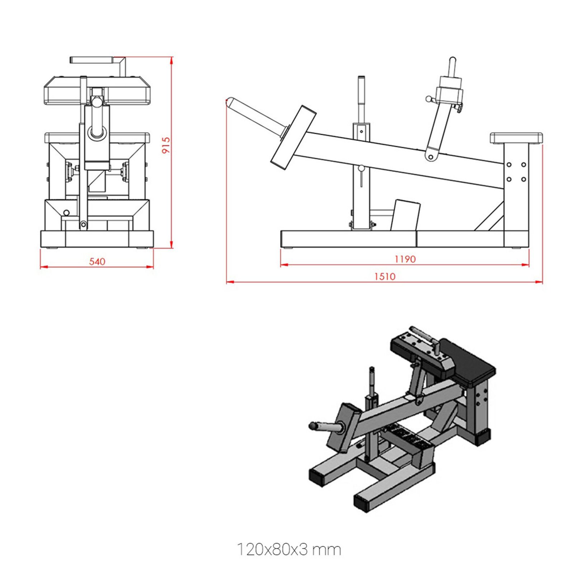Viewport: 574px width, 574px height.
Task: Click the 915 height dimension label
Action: point(166,145)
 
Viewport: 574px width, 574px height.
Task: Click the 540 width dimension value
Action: point(97,262)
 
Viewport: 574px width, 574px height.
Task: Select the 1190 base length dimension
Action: point(405,259)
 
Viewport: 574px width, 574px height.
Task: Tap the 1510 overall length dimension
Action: point(385,276)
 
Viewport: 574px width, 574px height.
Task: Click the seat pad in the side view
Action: point(516,138)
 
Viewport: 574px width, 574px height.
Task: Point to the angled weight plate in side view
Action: point(293,137)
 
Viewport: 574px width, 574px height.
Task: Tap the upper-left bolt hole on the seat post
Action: point(509,165)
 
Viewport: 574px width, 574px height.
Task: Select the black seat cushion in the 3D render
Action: point(468,361)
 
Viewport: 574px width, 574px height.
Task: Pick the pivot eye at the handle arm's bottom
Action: point(430,157)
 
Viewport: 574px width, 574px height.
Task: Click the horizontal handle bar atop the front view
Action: point(92,60)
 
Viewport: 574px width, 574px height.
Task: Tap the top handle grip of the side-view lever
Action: point(452,66)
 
